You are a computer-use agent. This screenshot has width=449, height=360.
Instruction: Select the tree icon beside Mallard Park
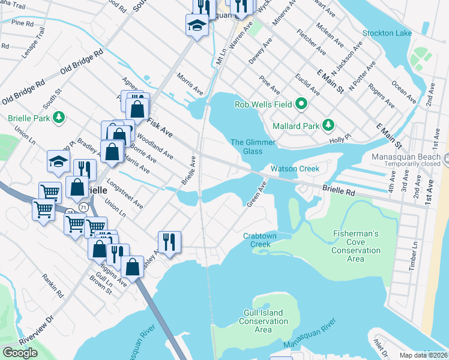point(328,125)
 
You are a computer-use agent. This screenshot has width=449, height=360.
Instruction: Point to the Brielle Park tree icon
point(58,118)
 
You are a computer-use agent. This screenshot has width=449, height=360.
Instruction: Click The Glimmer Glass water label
point(253,146)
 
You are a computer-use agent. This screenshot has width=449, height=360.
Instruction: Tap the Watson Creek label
point(295,169)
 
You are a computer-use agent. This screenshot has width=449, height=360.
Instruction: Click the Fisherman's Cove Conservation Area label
point(355,246)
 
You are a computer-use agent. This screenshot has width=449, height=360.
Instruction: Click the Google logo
point(20,352)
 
